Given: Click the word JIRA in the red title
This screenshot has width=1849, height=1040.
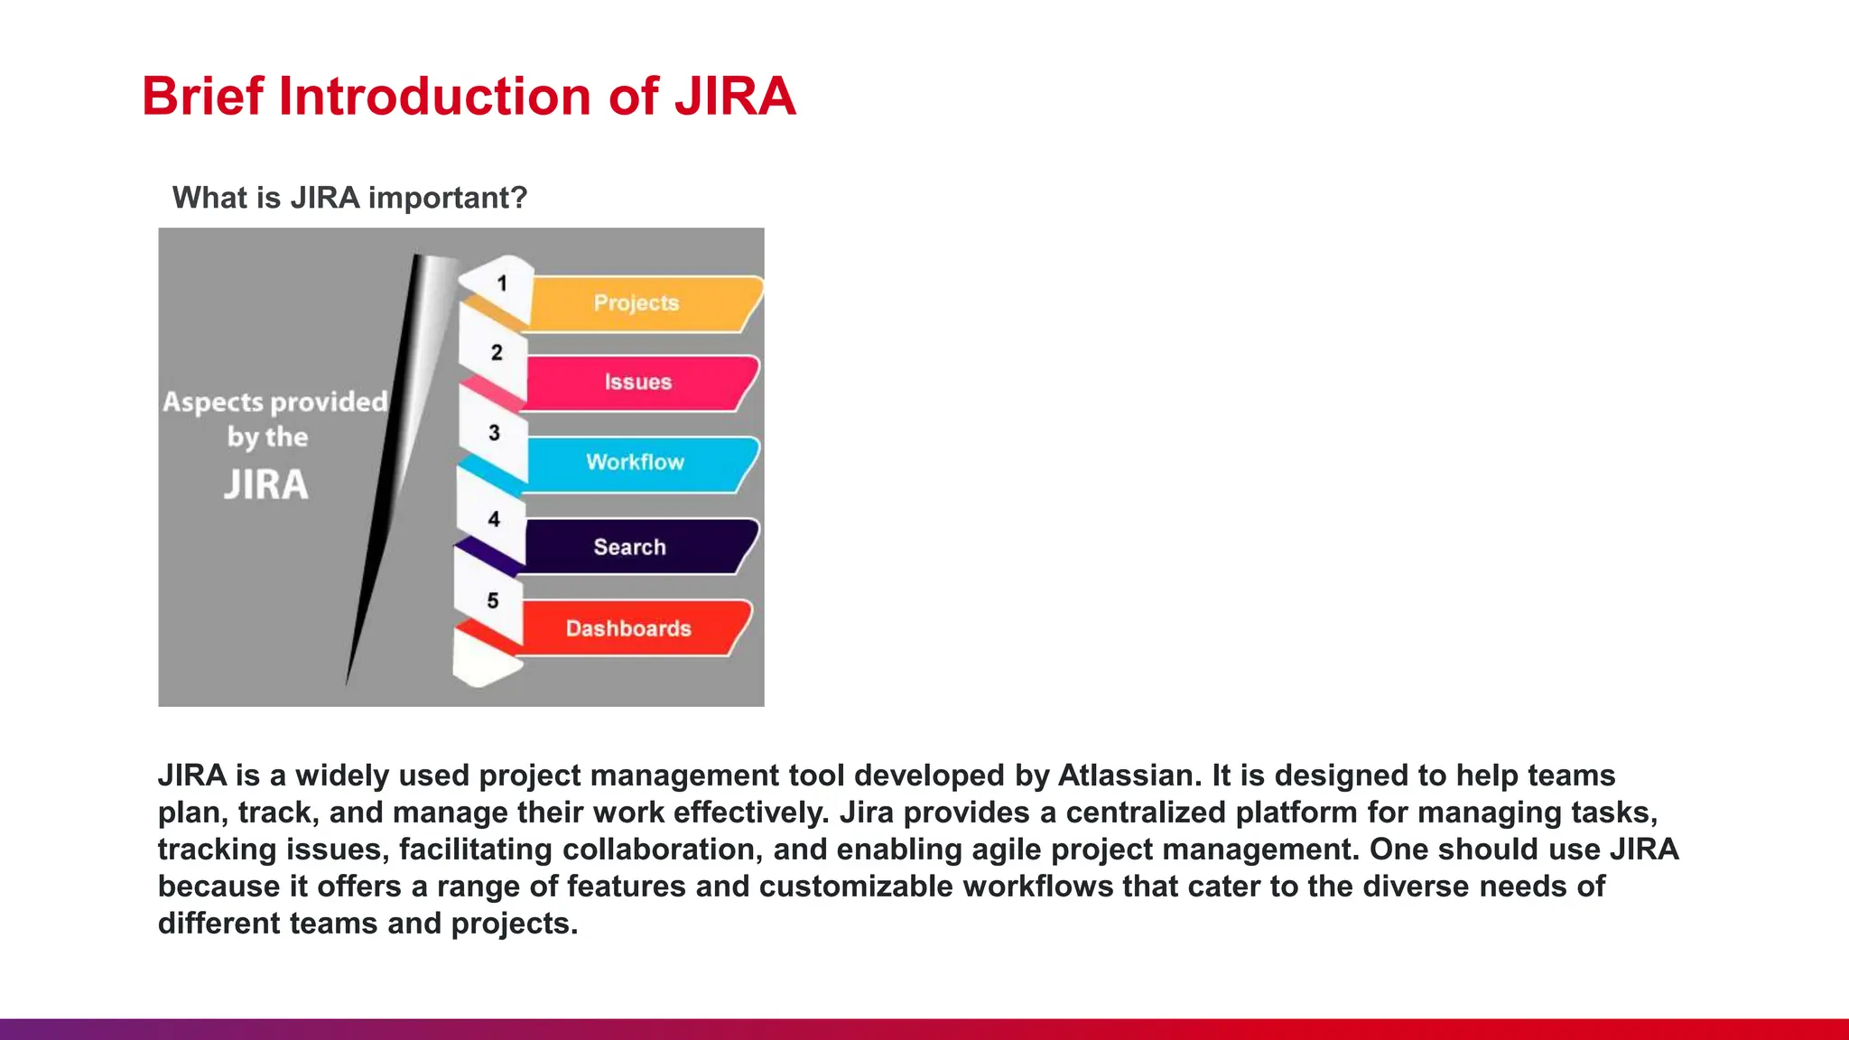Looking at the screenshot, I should [735, 97].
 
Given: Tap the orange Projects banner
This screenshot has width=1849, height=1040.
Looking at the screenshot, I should [636, 303].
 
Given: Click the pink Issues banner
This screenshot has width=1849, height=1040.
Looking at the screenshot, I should [638, 383].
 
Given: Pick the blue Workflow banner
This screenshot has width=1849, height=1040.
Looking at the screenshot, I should [636, 462].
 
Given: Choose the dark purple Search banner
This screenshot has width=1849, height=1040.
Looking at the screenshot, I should [630, 547].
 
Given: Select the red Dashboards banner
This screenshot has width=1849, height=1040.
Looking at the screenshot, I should [628, 628].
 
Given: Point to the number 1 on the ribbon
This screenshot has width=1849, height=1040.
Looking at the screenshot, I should [502, 284].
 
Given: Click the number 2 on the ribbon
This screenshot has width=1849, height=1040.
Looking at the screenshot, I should [497, 353].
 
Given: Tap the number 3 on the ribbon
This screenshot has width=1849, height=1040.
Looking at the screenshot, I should [494, 433].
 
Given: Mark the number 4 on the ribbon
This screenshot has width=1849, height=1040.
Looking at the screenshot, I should [494, 519].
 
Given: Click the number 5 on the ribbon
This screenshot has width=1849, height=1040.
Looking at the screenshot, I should [493, 601].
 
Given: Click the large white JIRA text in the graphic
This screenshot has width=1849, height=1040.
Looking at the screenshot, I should [266, 485].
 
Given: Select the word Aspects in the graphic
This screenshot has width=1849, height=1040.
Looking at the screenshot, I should [212, 403].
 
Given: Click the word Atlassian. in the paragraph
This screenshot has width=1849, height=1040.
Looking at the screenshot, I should [1129, 775].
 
